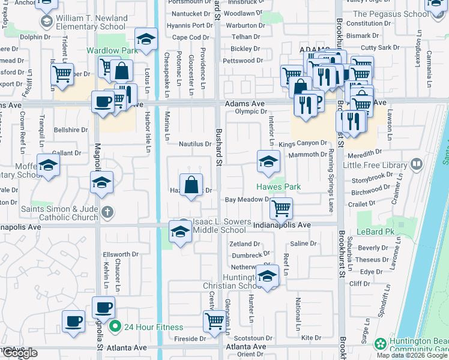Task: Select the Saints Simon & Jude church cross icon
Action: coord(107,211)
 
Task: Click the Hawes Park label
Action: coord(279,187)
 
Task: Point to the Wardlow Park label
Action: coord(112,51)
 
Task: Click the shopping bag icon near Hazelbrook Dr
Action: coord(191,185)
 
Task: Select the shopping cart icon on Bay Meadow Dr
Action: coord(281,208)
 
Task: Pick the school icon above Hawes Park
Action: coord(268,160)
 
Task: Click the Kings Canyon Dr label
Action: coord(303,143)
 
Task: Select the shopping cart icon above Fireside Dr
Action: coord(214,320)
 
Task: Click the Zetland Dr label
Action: coord(245,244)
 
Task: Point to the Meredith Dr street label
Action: coord(364,152)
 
